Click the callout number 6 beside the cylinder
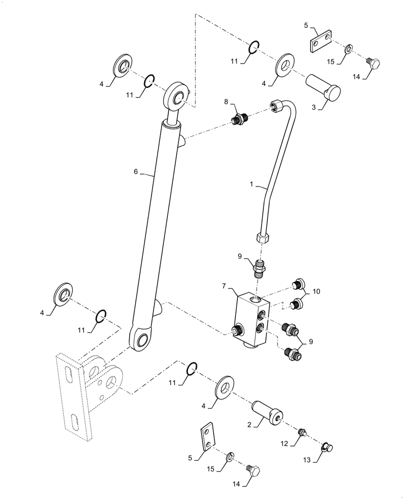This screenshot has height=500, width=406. [x=135, y=171]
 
